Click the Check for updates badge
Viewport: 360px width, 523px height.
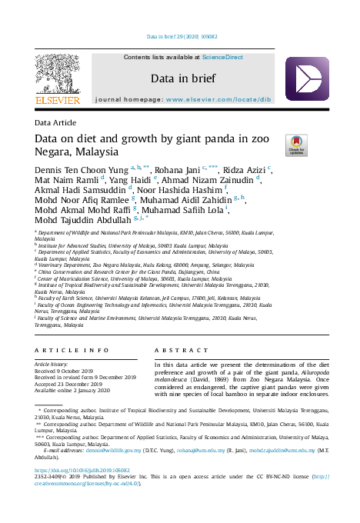[x=296, y=143]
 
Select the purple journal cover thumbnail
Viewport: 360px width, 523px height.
[x=308, y=79]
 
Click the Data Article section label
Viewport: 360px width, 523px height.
[x=55, y=123]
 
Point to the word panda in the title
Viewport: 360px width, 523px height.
[x=222, y=138]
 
